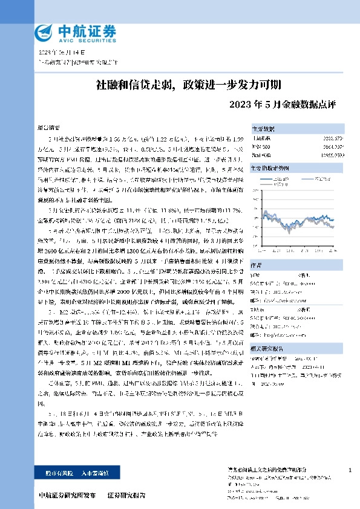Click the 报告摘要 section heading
[x=49, y=129]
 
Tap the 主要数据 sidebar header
[x=263, y=129]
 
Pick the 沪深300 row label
[x=261, y=146]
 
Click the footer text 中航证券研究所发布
[x=67, y=496]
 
